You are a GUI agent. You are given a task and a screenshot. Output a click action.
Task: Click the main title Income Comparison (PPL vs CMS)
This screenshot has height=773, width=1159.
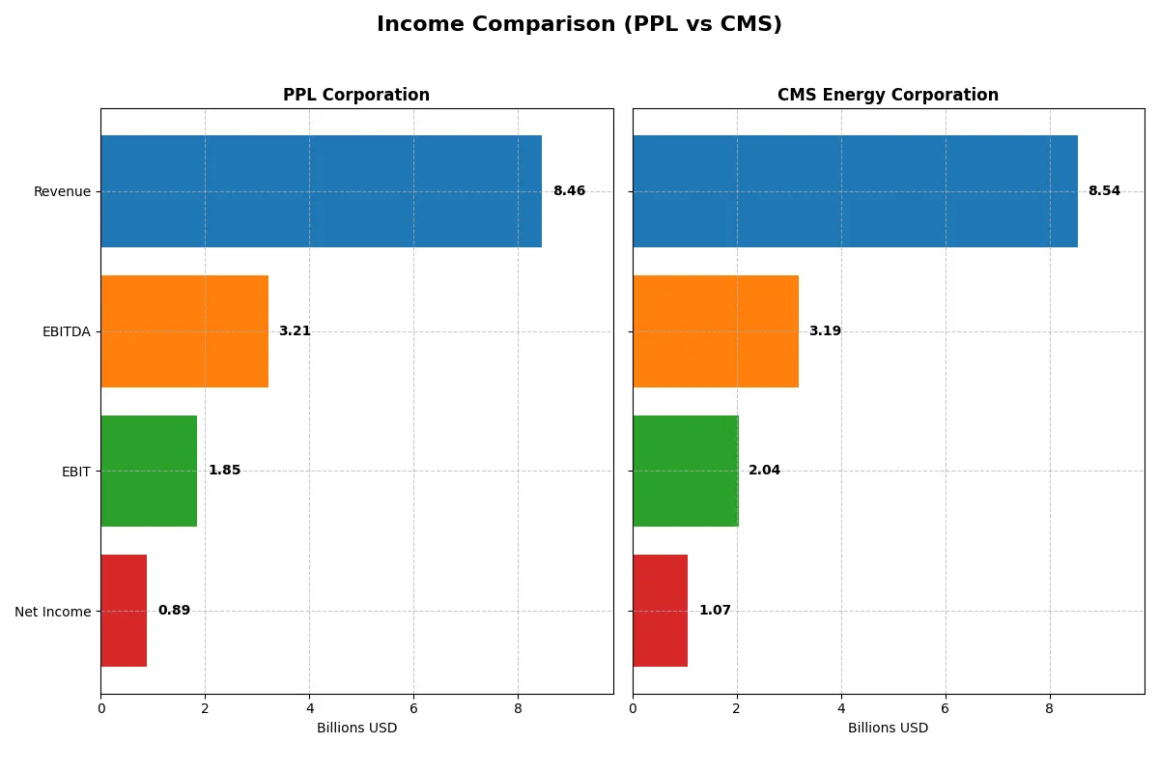pos(579,24)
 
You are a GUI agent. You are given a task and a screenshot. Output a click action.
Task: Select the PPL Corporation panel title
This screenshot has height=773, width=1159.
pos(356,95)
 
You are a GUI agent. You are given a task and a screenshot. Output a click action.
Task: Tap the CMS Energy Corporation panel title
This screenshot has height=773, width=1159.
pos(888,95)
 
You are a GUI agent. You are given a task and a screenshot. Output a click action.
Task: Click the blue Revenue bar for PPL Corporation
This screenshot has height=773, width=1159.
pos(321,191)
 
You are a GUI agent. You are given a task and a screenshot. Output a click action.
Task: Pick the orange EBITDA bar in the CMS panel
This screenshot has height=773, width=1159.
pos(716,331)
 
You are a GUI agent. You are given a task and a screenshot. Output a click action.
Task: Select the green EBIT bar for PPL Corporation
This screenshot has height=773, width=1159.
pos(149,471)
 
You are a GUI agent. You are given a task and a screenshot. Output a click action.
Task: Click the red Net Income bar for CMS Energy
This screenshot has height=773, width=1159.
pos(660,611)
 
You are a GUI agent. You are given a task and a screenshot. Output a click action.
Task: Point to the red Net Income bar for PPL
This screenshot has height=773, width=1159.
pos(124,611)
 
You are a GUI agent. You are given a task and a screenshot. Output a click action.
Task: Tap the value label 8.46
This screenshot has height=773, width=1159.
pos(569,191)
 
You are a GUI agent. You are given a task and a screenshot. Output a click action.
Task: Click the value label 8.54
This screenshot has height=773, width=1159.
pos(1104,191)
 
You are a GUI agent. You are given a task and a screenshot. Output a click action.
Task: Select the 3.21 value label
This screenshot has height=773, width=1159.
pos(295,331)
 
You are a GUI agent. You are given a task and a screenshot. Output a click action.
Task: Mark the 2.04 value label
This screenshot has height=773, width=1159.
pos(764,471)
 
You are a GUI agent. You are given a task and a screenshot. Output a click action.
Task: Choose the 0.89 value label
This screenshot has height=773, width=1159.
pos(174,611)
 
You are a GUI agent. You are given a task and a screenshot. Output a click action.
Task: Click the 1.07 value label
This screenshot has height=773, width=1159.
pos(715,611)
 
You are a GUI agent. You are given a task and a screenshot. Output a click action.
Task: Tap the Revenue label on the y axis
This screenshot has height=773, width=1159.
pos(62,191)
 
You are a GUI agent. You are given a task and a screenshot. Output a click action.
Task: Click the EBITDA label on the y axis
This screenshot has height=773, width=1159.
pos(66,331)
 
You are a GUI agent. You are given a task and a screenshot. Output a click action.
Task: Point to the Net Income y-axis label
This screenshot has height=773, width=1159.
pos(53,611)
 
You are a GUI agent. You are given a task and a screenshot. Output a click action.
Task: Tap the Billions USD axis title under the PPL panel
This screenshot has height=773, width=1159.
pos(356,728)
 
